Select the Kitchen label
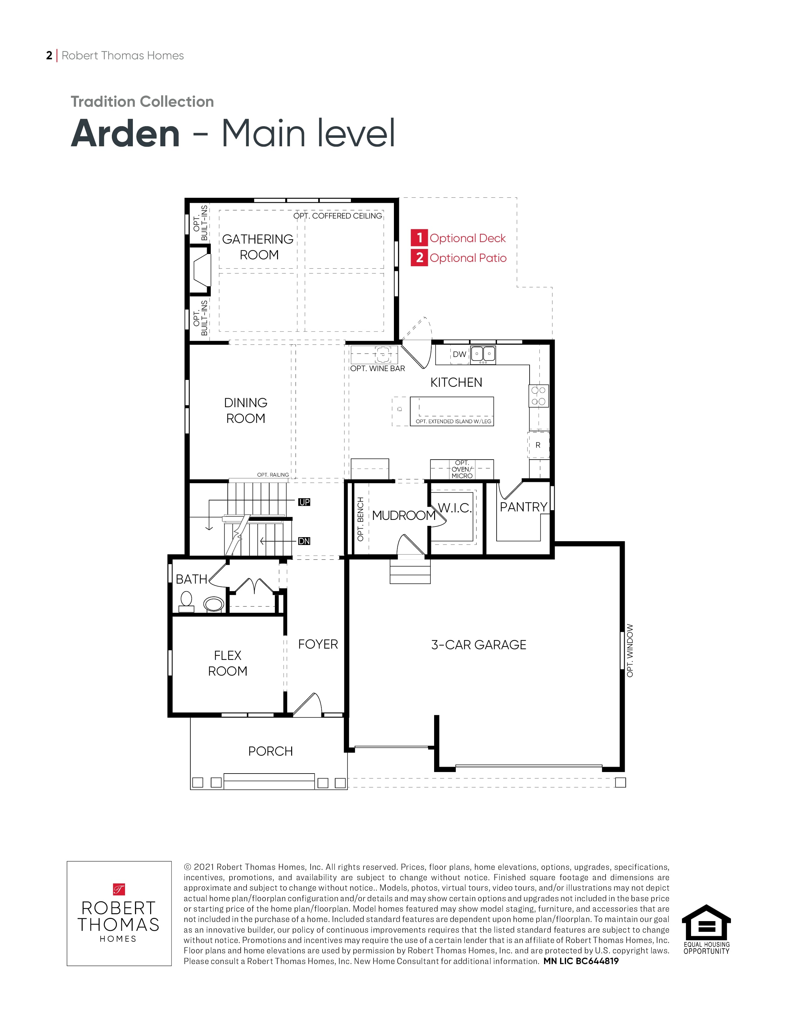tap(456, 382)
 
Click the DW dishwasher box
tap(459, 354)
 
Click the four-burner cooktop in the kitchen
tap(539, 396)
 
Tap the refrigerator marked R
tap(538, 445)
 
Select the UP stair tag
tap(304, 502)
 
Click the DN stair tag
tap(304, 541)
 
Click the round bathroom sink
tap(214, 604)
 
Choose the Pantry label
tap(523, 507)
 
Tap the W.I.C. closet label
tap(455, 508)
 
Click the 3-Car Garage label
tap(478, 645)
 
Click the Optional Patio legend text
tap(468, 258)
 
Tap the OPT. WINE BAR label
tap(378, 369)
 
